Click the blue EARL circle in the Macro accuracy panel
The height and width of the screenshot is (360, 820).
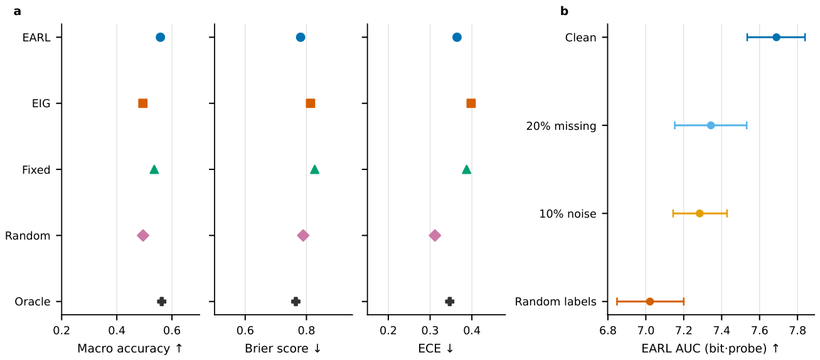click(x=161, y=38)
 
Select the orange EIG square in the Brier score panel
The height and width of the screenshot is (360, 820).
click(x=311, y=103)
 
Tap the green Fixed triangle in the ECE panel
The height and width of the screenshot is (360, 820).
click(x=466, y=169)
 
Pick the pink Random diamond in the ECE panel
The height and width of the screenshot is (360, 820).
click(x=435, y=236)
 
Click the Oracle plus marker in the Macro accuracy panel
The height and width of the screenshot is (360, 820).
click(x=162, y=302)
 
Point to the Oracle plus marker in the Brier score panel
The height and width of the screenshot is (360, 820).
click(x=296, y=302)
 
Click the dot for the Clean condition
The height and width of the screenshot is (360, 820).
click(x=776, y=38)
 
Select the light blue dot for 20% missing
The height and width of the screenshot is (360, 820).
click(x=711, y=125)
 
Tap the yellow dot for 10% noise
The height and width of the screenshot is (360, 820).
click(x=700, y=213)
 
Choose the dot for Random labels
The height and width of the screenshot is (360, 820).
click(x=650, y=302)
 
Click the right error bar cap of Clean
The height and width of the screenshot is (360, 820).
click(x=805, y=38)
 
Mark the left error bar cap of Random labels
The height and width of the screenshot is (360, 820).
click(x=617, y=302)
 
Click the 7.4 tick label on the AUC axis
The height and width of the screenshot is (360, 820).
click(x=721, y=331)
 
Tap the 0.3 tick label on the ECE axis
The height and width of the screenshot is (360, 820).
click(x=430, y=331)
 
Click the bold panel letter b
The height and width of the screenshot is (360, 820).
click(x=565, y=11)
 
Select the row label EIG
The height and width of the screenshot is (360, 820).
click(x=41, y=103)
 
